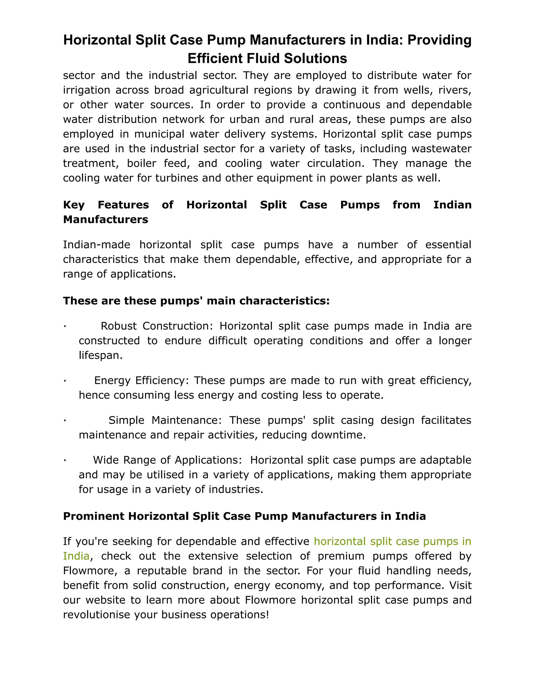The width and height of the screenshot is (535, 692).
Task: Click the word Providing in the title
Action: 439,40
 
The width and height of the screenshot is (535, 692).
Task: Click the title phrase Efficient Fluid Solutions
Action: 267,58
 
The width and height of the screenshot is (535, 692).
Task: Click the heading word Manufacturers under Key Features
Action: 106,220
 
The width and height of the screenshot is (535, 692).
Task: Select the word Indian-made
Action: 96,245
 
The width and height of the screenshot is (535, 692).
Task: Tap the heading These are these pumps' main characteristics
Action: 196,301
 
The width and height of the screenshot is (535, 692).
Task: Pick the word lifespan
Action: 100,355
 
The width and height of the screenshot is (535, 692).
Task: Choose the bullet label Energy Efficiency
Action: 141,380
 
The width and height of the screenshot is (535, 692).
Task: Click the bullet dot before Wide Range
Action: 65,460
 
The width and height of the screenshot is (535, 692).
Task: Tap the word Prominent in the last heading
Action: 94,516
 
